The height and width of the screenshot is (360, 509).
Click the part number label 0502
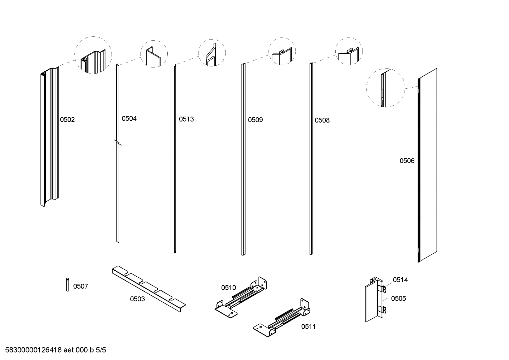[67, 120]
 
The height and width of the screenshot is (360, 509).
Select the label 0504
[129, 119]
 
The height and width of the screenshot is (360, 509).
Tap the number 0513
[186, 119]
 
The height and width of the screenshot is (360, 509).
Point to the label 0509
[255, 120]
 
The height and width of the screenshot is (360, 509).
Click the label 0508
[322, 120]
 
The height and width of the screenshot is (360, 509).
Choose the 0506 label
[407, 161]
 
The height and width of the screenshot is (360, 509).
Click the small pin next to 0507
[67, 285]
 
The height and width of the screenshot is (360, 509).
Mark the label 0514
[400, 280]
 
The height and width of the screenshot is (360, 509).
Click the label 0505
[399, 299]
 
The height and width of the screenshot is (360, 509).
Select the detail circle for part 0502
[93, 55]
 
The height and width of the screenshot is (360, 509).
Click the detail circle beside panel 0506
[385, 88]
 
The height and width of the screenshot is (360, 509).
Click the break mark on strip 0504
[118, 143]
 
